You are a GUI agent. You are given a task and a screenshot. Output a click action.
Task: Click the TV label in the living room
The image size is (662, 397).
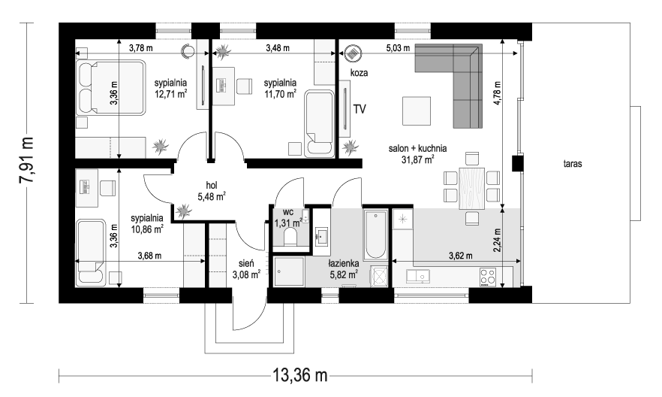point(360,109)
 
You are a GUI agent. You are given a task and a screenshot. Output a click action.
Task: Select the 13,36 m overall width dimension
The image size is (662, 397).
point(296,374)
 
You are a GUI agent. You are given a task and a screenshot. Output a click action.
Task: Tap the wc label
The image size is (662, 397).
point(287,212)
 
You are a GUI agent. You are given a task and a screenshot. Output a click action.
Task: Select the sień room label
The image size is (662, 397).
point(246,265)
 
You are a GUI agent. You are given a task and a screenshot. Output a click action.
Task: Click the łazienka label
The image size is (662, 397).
point(343,265)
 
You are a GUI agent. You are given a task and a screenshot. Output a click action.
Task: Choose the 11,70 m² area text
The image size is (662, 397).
point(280,95)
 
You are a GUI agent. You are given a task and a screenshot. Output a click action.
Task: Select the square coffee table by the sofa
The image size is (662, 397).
point(417,111)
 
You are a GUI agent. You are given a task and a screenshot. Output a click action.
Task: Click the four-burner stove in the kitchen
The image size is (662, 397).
point(489,276)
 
